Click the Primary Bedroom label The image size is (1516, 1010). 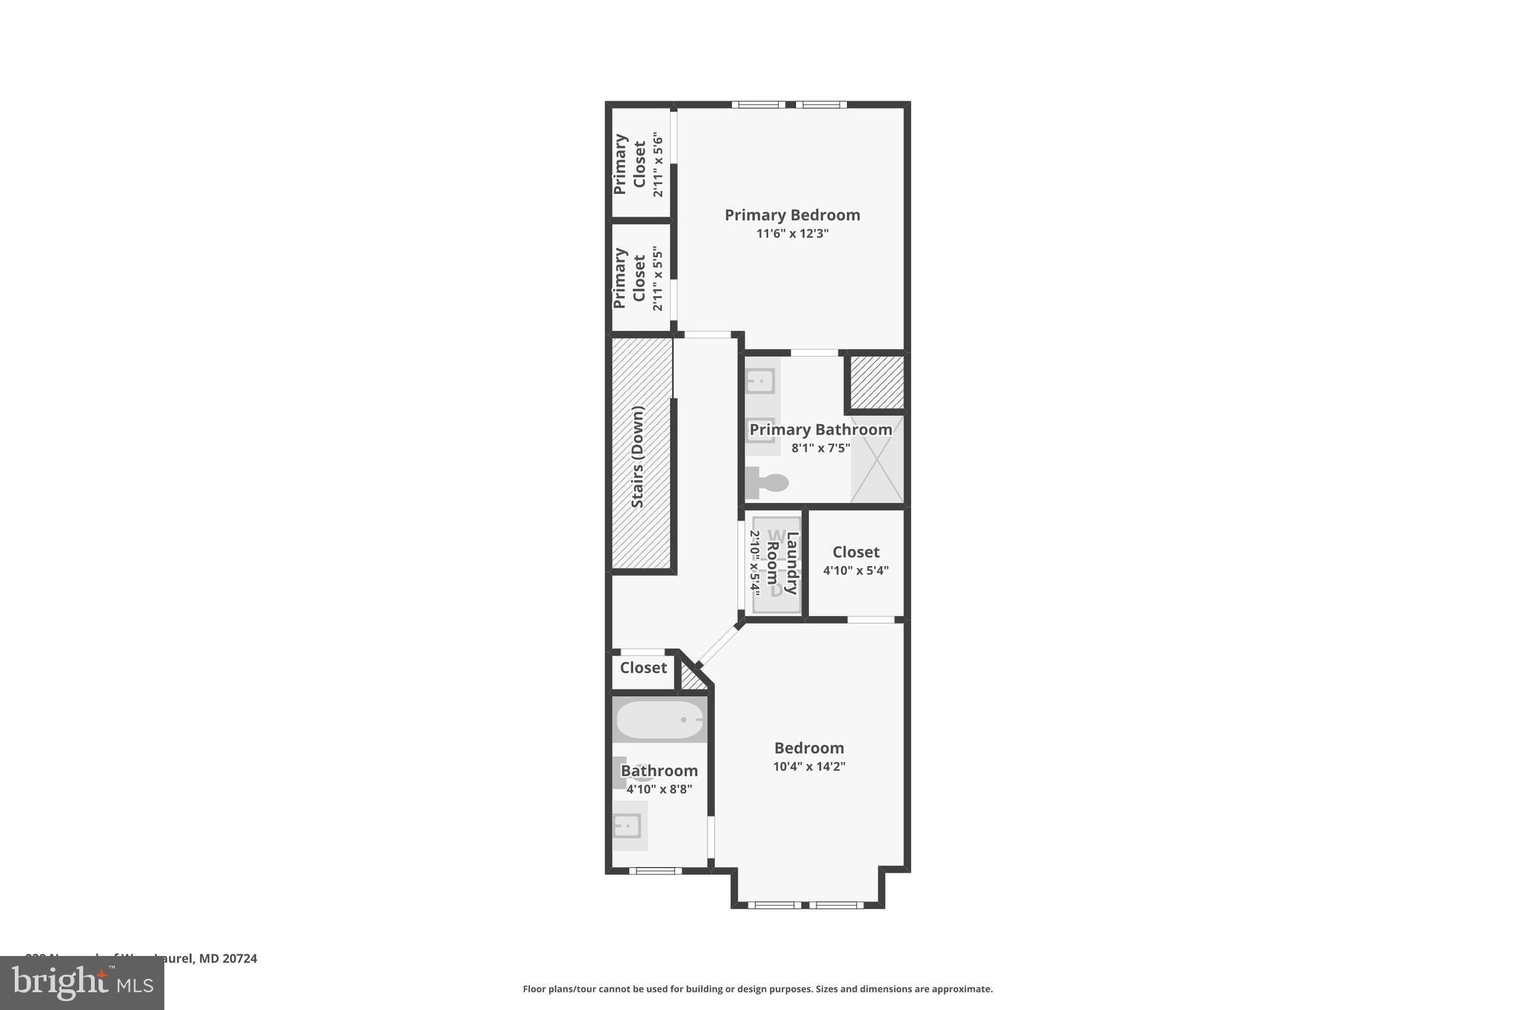pos(792,215)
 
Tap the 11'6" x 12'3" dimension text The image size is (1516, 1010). pos(792,234)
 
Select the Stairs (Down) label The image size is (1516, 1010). pos(637,457)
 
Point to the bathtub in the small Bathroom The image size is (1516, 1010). pos(660,719)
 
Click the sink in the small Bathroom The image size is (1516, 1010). pos(628,825)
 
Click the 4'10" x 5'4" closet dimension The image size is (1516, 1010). pos(856,570)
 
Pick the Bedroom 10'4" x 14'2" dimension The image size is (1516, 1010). pos(809,767)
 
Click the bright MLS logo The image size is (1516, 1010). pos(82,983)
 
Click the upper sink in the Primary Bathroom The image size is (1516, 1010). pos(760,382)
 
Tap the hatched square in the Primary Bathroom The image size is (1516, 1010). pos(876,382)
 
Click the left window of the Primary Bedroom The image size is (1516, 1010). pos(758,104)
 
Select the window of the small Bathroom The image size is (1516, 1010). pos(655,870)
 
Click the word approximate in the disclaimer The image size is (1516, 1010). pos(962,989)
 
